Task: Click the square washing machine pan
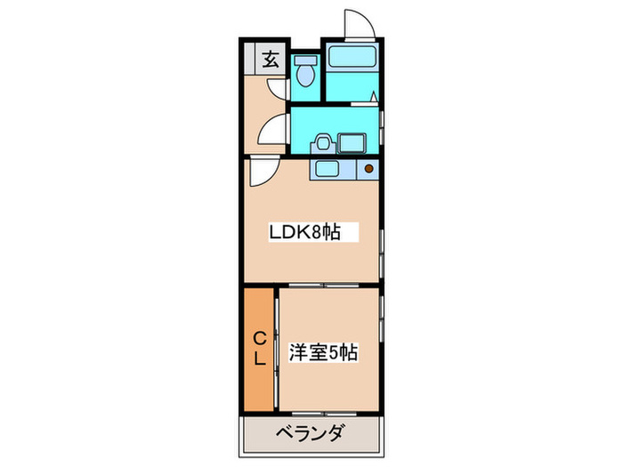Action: point(352,144)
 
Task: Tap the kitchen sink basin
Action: point(326,169)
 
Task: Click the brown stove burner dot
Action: point(368,168)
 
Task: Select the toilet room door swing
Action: point(279,89)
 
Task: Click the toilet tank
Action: point(305,61)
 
